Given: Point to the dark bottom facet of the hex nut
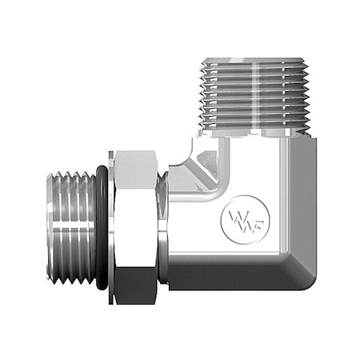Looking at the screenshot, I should (x=137, y=288).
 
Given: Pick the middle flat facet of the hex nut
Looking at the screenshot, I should (x=137, y=228).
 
